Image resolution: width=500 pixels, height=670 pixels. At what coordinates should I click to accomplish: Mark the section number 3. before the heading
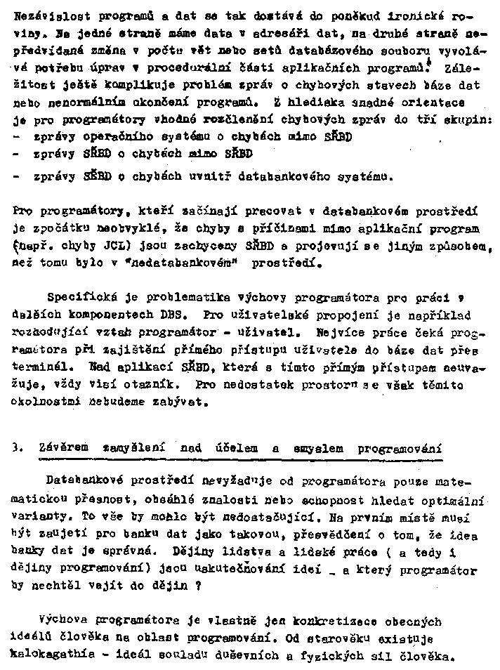click(x=17, y=449)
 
